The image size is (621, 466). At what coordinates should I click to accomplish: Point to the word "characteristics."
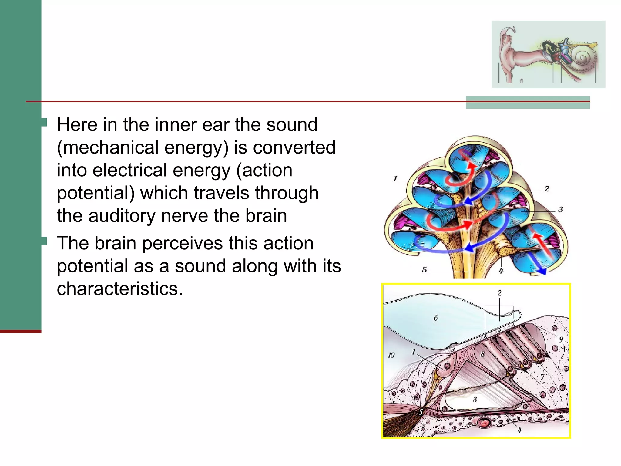[120, 289]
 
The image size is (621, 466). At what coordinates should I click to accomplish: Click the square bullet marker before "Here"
[44, 122]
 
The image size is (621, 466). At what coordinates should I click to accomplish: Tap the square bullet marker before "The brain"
[44, 241]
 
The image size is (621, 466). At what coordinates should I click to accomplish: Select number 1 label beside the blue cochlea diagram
[395, 179]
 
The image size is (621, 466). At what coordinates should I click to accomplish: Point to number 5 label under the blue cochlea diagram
[425, 269]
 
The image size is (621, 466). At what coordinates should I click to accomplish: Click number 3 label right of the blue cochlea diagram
[561, 209]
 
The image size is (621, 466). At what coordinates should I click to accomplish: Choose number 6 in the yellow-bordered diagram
[436, 318]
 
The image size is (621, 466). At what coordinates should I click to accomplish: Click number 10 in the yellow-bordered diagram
[391, 355]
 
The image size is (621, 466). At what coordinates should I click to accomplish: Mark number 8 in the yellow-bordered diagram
[482, 354]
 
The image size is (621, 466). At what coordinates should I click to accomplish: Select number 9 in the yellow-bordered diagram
[561, 339]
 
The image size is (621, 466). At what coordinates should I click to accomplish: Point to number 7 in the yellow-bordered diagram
[542, 377]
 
